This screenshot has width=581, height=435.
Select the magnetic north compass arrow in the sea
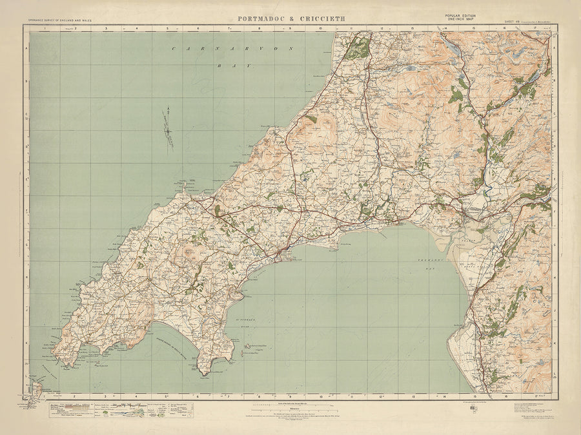[168, 128]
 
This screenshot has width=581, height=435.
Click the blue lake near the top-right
[452, 47]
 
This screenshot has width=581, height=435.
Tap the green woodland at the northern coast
[357, 49]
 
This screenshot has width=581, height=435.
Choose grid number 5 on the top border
[167, 28]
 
